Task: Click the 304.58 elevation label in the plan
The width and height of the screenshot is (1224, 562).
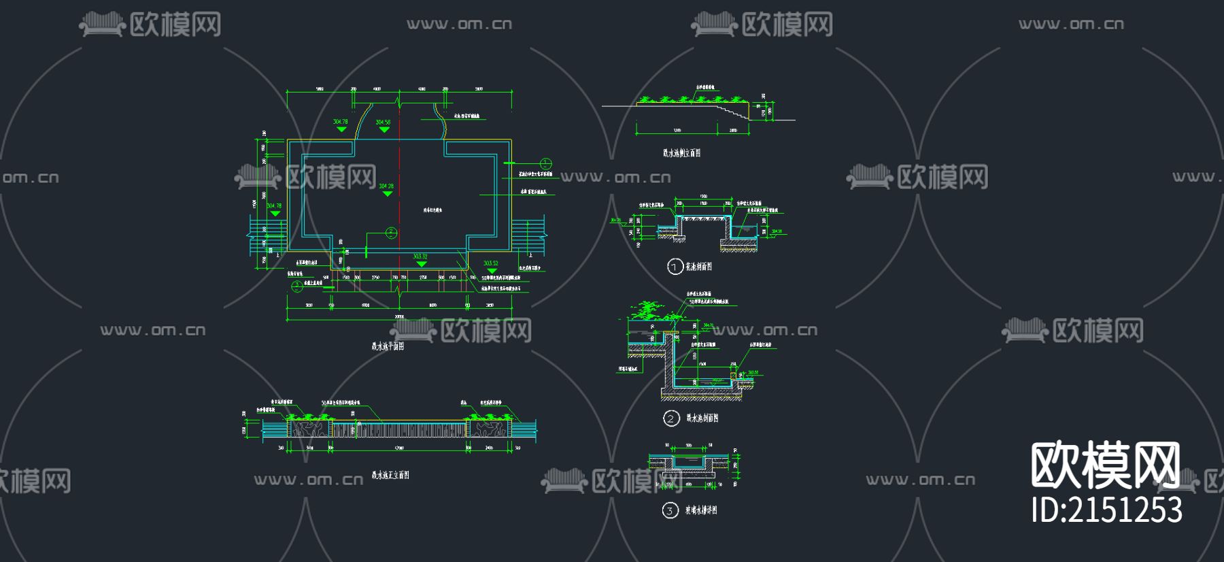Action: click(383, 122)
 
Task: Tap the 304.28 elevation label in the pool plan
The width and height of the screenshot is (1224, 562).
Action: click(386, 186)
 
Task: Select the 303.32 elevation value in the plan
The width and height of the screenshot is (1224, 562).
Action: click(420, 257)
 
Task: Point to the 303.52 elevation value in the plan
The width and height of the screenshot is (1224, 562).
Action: click(490, 263)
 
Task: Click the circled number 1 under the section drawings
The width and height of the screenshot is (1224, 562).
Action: click(674, 267)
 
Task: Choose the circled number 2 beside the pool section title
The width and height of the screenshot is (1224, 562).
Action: click(671, 418)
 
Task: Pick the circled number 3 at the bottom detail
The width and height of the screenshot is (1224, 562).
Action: click(670, 510)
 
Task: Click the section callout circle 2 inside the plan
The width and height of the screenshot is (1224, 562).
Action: click(391, 233)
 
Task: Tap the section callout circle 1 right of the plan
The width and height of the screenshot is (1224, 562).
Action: click(545, 163)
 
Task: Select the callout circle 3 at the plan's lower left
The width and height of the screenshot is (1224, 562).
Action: click(297, 286)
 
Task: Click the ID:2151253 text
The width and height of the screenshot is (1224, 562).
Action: click(1106, 510)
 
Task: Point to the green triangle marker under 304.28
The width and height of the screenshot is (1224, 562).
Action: click(387, 194)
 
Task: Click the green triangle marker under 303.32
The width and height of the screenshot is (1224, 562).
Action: click(422, 264)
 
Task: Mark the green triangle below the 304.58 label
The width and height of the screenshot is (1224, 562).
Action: click(384, 130)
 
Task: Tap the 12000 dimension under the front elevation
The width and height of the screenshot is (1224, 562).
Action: click(398, 448)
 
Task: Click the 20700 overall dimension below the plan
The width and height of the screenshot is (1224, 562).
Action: click(399, 316)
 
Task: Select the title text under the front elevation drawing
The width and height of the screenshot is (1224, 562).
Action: click(390, 475)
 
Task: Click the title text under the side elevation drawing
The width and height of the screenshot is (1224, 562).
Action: click(681, 153)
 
